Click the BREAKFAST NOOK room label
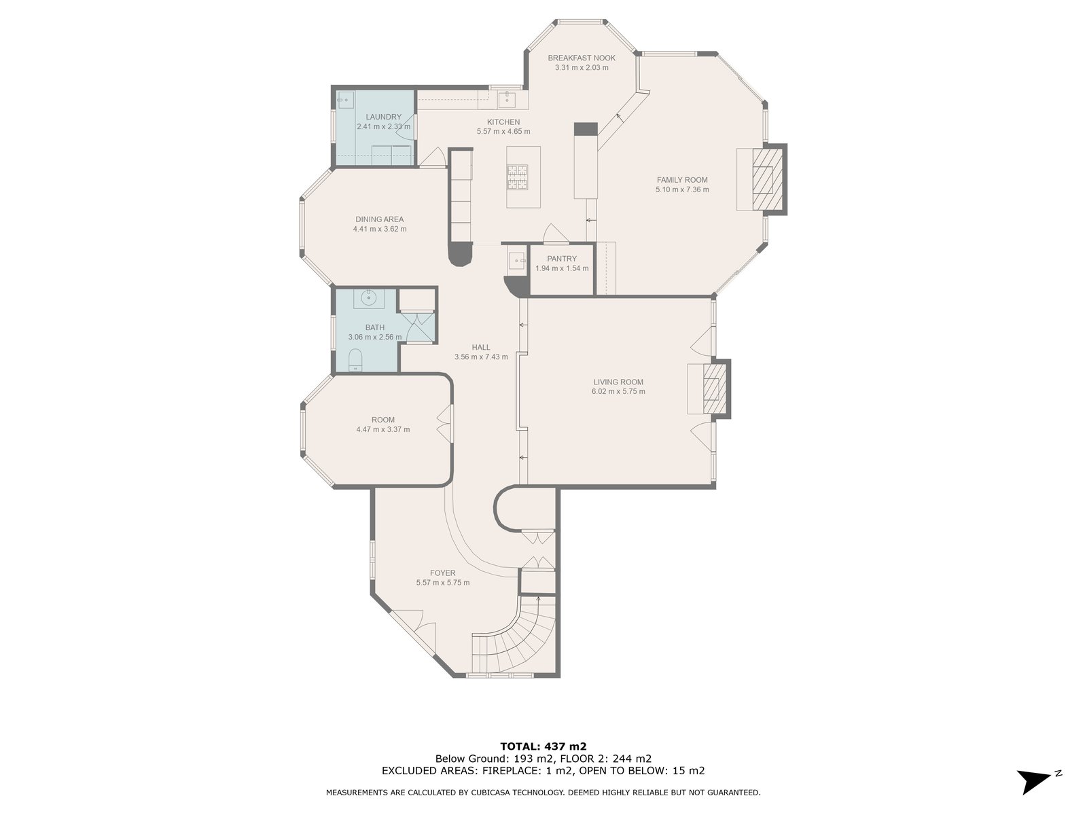(x=582, y=58)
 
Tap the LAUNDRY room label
(x=383, y=117)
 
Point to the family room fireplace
(x=768, y=179)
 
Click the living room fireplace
(x=715, y=389)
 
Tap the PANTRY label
(x=562, y=259)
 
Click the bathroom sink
(x=368, y=298)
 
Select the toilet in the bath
(x=355, y=360)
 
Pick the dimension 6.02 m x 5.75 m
(x=618, y=391)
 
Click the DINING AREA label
(x=379, y=219)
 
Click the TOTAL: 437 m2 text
(x=543, y=746)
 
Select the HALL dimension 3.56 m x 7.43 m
(x=481, y=357)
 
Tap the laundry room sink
(x=344, y=99)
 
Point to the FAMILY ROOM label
(x=682, y=180)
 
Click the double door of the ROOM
(x=444, y=424)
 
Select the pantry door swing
(x=556, y=234)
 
